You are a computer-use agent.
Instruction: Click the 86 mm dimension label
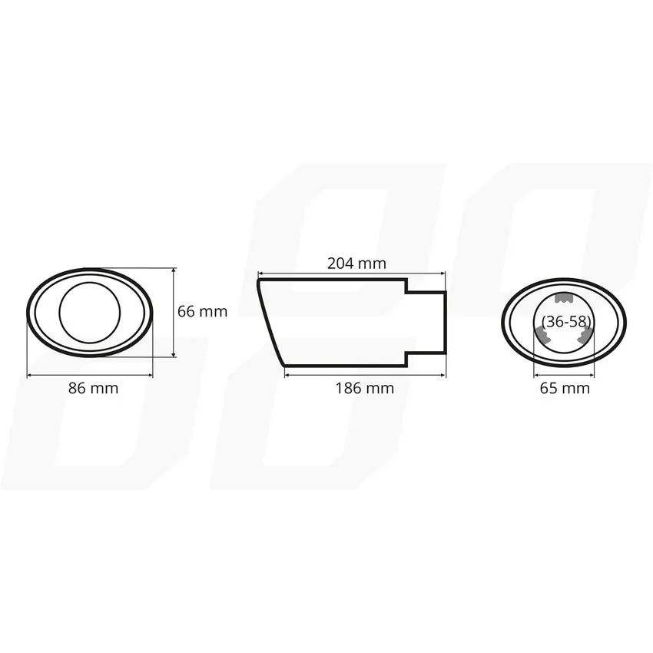93,388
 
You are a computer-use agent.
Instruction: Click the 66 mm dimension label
202,311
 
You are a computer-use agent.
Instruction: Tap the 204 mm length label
356,264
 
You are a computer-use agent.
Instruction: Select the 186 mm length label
365,388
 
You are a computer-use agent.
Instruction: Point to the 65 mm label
565,388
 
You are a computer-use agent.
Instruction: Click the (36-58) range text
566,321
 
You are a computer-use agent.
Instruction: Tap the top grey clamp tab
565,297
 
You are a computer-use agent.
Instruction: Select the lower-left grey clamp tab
542,335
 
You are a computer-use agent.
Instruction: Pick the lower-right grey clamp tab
585,335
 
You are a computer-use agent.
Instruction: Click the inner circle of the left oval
90,283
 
